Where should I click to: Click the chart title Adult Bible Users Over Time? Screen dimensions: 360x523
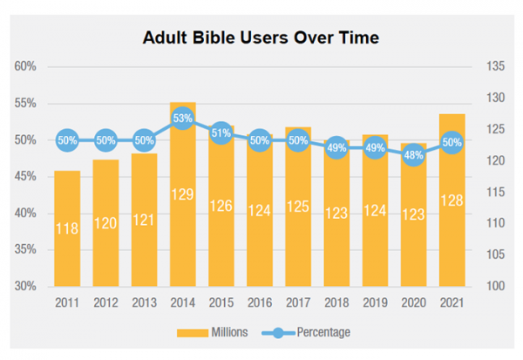point(261,37)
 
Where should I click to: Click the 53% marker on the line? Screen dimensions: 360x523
point(183,118)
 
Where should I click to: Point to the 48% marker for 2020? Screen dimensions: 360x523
point(413,154)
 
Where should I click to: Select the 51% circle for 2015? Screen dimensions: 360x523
point(221,132)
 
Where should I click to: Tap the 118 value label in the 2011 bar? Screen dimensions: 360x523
point(68,228)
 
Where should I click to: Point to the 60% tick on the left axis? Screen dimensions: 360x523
point(24,67)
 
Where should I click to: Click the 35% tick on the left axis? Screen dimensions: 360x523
point(24,249)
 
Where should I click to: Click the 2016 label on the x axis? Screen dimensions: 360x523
point(260,302)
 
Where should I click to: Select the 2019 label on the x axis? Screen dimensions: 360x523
point(375,302)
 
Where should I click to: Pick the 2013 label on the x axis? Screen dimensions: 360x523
point(145,302)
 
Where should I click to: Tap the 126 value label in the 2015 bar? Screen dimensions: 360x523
point(221,207)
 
